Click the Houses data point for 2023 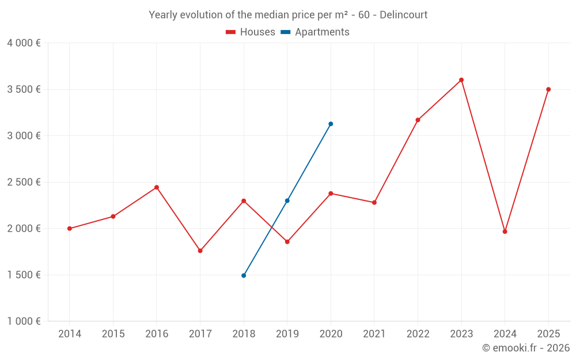pyautogui.click(x=461, y=80)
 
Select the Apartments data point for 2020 pyautogui.click(x=331, y=124)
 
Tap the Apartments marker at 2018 pyautogui.click(x=244, y=275)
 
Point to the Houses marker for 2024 pyautogui.click(x=505, y=232)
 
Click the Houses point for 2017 pyautogui.click(x=200, y=251)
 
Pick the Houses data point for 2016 pyautogui.click(x=157, y=187)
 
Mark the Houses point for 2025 pyautogui.click(x=548, y=89)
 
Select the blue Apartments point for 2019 pyautogui.click(x=287, y=200)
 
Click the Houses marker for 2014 pyautogui.click(x=70, y=229)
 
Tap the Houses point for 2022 pyautogui.click(x=418, y=120)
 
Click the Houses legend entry pyautogui.click(x=251, y=32)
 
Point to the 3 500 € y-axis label pyautogui.click(x=24, y=89)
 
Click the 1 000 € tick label pyautogui.click(x=24, y=321)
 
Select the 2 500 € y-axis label pyautogui.click(x=24, y=182)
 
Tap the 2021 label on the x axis pyautogui.click(x=374, y=334)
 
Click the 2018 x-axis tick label pyautogui.click(x=244, y=334)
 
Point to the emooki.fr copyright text pyautogui.click(x=526, y=348)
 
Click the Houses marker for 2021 pyautogui.click(x=374, y=203)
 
